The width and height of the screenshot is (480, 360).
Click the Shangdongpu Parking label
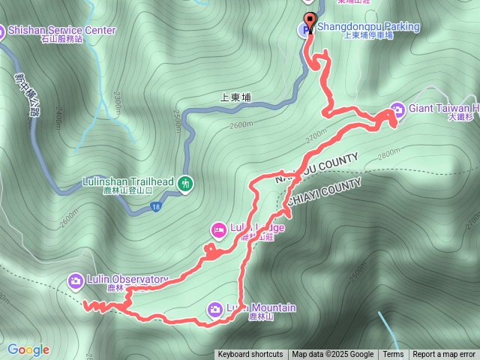coord(368,27)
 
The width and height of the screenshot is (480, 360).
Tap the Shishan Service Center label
coord(61,30)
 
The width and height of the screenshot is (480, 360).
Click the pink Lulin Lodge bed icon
coord(218,229)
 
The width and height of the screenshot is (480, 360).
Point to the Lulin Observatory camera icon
coord(75,280)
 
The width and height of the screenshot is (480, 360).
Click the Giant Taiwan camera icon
coord(397,109)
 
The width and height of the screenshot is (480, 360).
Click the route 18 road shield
coord(155,206)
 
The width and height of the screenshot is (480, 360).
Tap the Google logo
coord(28,349)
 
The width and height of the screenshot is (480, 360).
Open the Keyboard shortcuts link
coord(250,355)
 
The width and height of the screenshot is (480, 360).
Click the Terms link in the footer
coord(393,355)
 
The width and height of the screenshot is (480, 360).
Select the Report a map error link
coord(444,355)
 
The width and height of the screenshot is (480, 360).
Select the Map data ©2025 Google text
coord(333,355)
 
